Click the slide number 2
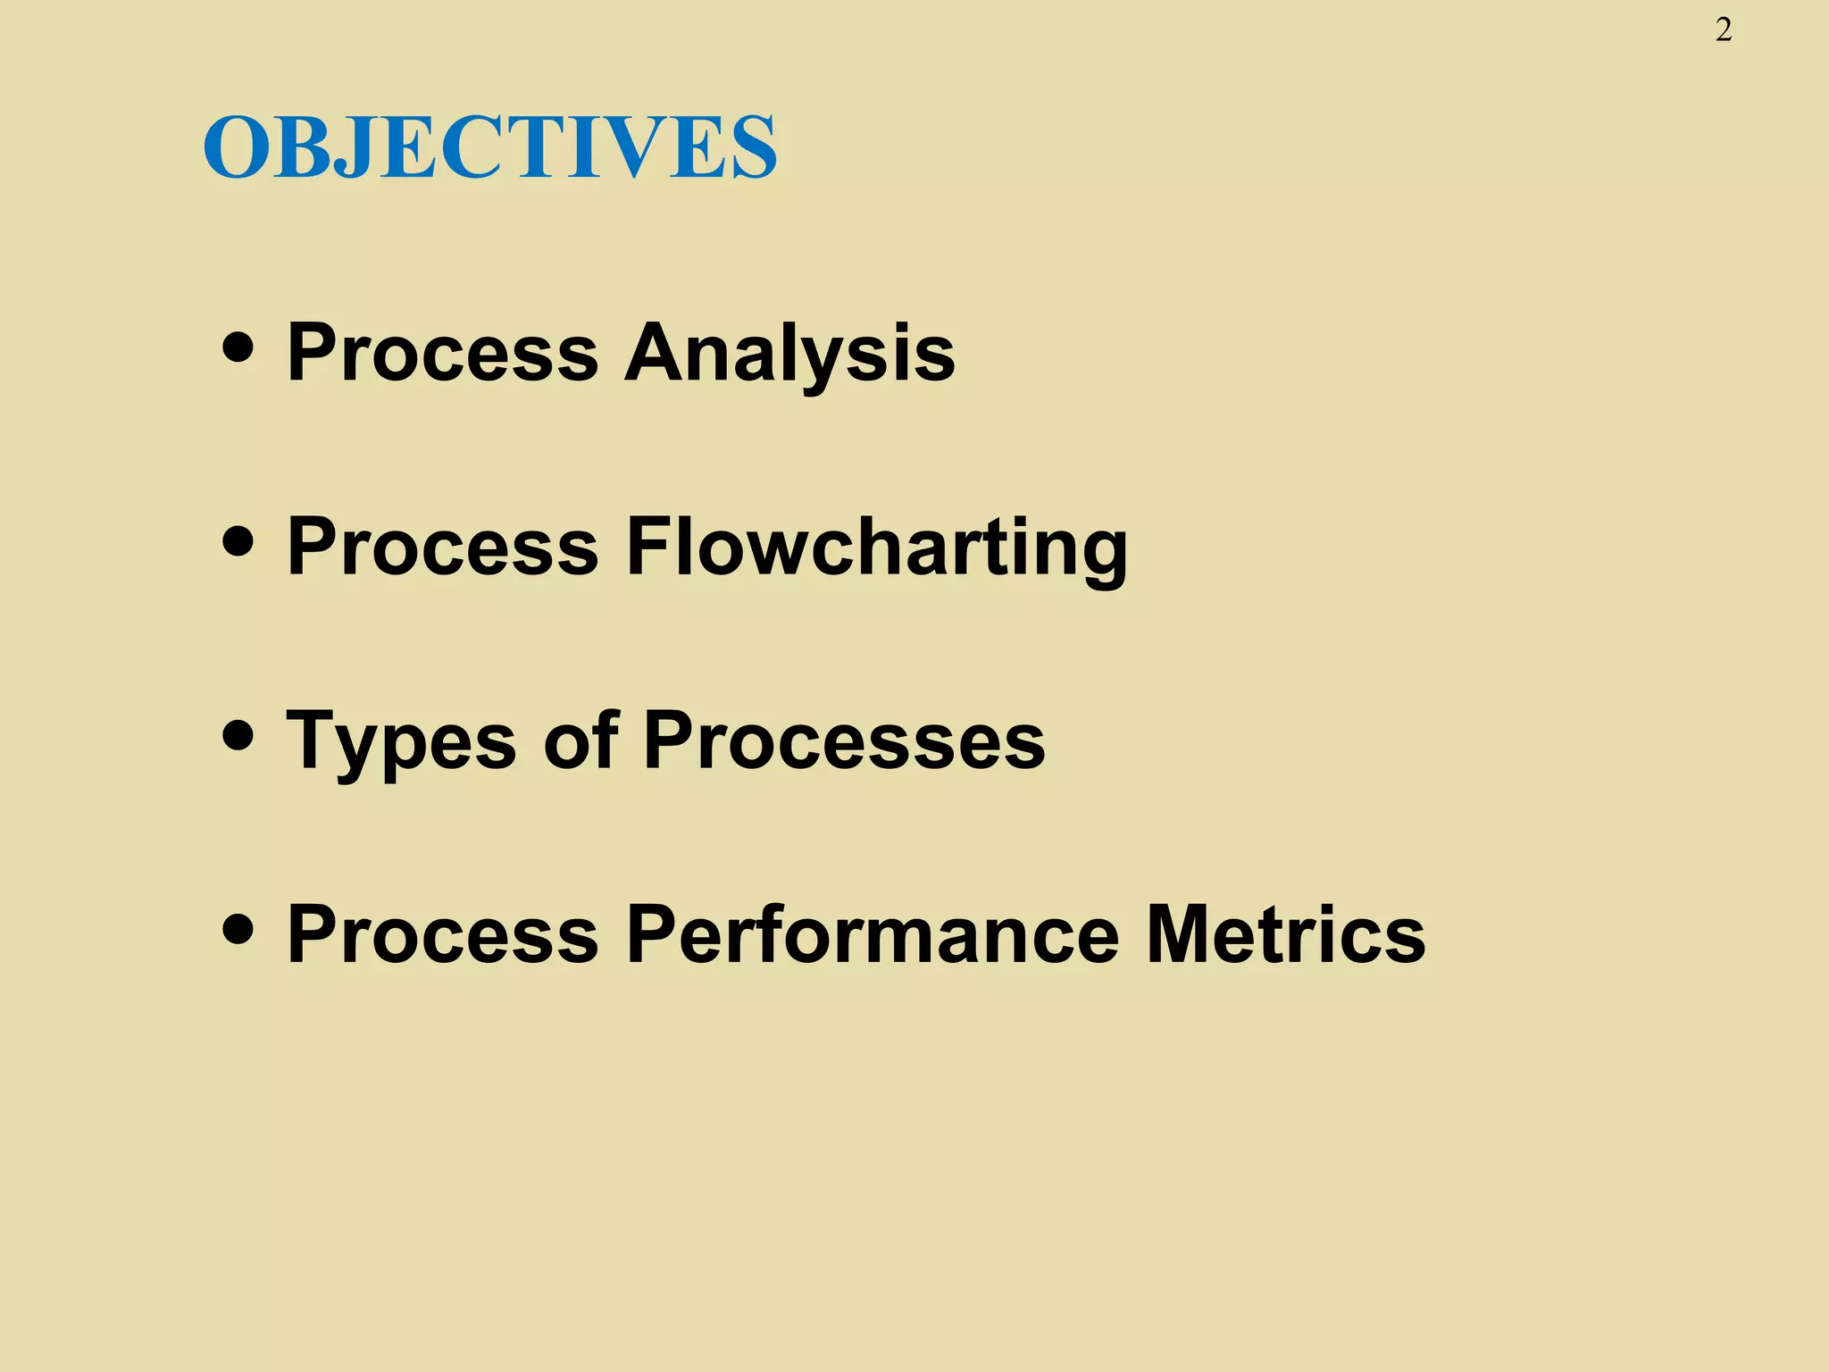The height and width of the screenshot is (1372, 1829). (x=1724, y=31)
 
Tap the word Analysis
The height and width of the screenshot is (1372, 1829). (x=789, y=353)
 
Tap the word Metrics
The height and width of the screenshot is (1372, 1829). (x=1286, y=934)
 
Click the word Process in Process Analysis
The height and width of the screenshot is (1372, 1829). (x=442, y=353)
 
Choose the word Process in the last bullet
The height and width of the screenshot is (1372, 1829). (x=442, y=934)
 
